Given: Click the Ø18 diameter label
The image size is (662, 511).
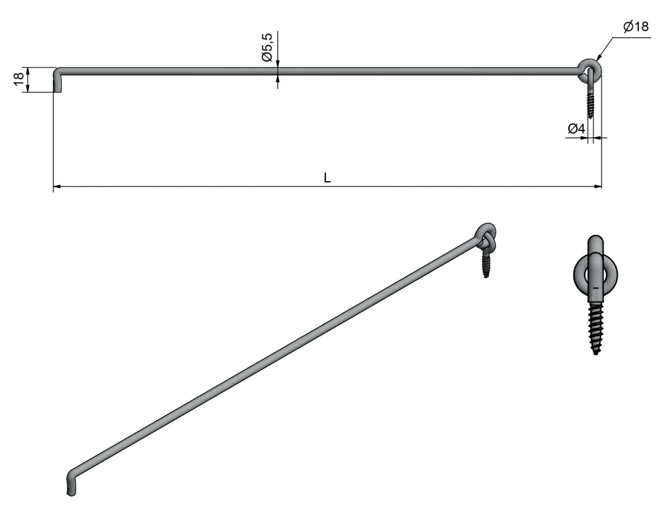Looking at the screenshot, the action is click(636, 27).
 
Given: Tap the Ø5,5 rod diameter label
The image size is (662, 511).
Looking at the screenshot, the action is click(268, 47).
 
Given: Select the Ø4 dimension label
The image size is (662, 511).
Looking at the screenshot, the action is click(576, 129).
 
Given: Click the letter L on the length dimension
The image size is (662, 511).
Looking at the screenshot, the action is click(327, 178).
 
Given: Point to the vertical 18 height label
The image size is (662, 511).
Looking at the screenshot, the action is click(19, 80).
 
